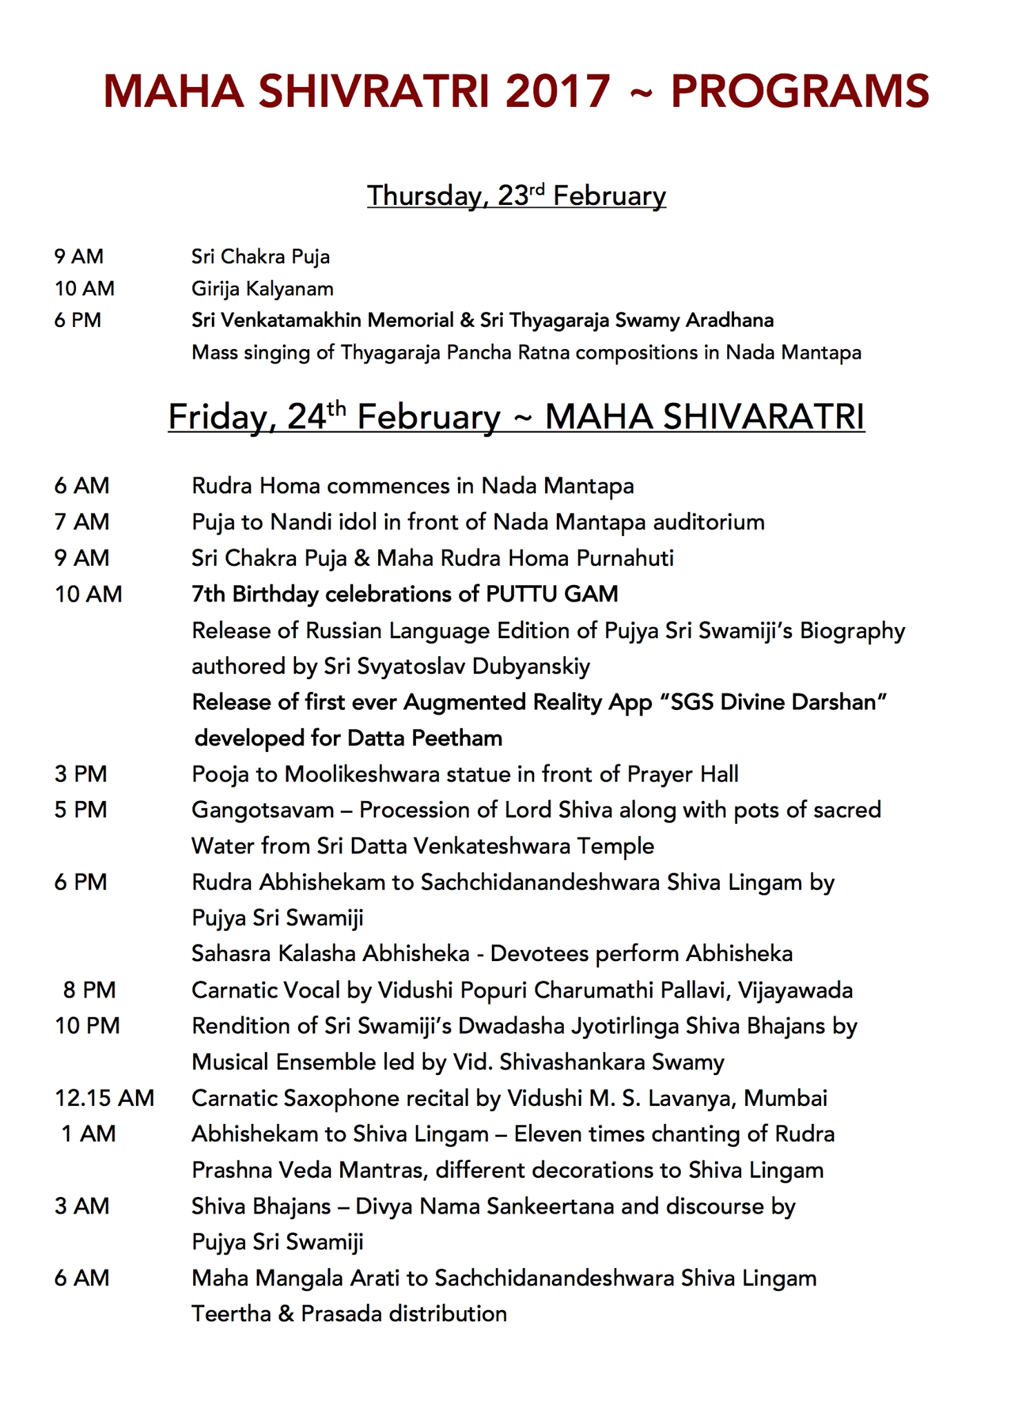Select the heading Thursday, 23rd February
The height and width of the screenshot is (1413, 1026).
516,196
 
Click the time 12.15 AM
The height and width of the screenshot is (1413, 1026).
104,1098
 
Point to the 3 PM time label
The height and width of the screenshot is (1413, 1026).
81,774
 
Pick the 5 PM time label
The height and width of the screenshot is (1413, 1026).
81,810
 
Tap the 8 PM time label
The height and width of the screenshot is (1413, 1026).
89,990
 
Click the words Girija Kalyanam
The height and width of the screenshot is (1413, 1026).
262,288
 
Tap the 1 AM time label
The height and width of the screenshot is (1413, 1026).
88,1134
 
